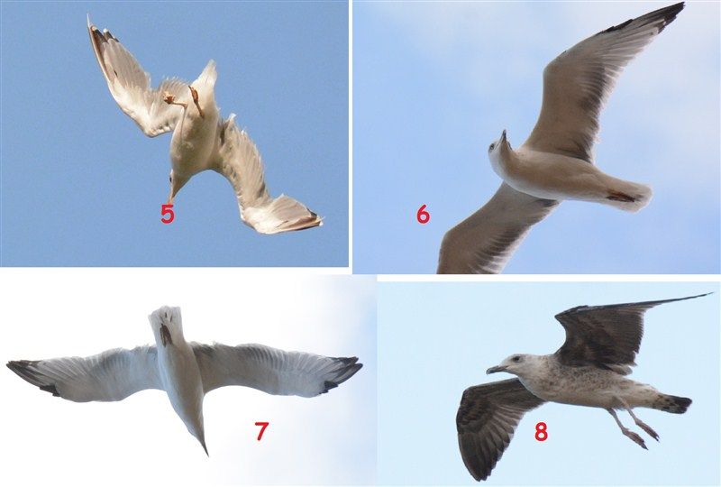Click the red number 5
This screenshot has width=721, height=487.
168,214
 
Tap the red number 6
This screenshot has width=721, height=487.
423,214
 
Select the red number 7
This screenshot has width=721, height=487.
261,431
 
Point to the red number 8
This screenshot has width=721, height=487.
542,432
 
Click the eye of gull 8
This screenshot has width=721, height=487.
516,359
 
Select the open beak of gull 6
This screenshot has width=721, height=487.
502,140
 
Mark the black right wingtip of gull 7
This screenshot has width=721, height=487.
342,372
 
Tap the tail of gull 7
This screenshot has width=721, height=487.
167,322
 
